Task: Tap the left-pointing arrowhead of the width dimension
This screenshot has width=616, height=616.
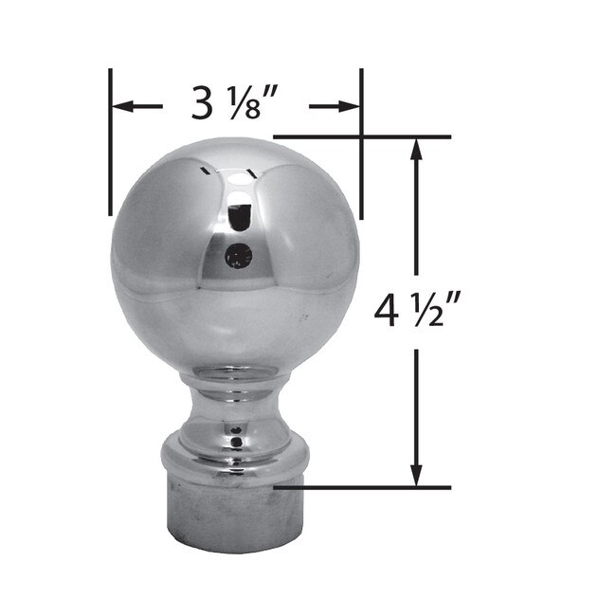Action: coord(122,106)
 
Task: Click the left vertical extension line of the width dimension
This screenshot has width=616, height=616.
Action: coord(111,142)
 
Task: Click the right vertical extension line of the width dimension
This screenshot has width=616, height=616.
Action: coord(361,142)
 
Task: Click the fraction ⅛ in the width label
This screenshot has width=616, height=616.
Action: coord(247,103)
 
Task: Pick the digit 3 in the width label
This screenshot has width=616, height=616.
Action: coord(202,103)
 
